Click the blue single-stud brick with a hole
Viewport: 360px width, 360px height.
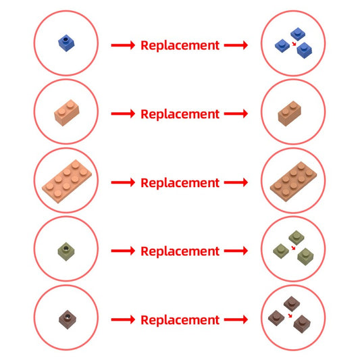(66, 43)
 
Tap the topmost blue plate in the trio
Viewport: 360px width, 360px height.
(298, 34)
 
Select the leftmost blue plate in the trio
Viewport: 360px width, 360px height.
(282, 46)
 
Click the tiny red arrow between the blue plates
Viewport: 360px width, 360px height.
(294, 44)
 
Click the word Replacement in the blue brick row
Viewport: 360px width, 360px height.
(180, 45)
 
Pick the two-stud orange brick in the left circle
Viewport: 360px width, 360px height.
(67, 113)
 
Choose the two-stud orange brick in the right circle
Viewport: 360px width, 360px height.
(290, 113)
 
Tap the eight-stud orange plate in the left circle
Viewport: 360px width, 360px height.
(67, 182)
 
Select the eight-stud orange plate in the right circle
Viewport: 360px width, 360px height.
(293, 182)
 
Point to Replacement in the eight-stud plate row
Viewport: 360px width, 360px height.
(180, 183)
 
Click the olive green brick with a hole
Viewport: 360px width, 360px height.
(66, 252)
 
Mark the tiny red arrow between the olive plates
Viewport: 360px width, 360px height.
(293, 248)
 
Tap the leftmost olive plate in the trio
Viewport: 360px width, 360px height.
(281, 251)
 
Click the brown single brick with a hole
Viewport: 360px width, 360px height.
(68, 319)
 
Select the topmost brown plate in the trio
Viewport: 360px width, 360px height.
(292, 303)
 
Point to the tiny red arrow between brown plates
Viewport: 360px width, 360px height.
(290, 315)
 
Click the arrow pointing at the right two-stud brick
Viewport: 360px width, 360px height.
(236, 113)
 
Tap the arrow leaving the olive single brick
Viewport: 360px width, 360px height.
(123, 251)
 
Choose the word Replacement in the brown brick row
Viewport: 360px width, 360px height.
(180, 320)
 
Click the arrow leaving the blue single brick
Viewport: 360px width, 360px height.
(123, 45)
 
